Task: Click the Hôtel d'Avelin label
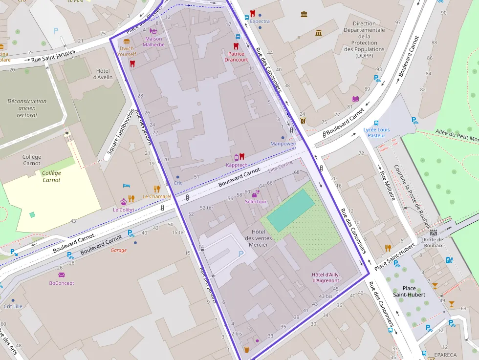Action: tap(103, 73)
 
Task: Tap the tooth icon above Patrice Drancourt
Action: tap(236, 46)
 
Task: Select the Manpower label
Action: tap(283, 144)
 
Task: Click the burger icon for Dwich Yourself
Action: tap(127, 41)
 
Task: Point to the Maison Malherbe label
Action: tap(153, 42)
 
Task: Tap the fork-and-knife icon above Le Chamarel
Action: tap(156, 189)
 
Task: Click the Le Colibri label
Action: tap(124, 210)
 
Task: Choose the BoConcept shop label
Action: tap(61, 283)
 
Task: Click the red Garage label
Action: tap(118, 250)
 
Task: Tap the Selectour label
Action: tap(256, 201)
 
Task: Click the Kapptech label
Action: tap(237, 165)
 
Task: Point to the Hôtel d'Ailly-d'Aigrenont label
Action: tap(326, 277)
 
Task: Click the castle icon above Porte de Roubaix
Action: tap(433, 233)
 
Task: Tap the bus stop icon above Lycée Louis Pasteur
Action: tap(376, 123)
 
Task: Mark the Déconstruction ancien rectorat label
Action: tap(27, 108)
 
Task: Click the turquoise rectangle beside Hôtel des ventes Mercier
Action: tap(291, 211)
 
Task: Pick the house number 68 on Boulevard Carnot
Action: tap(296, 172)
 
